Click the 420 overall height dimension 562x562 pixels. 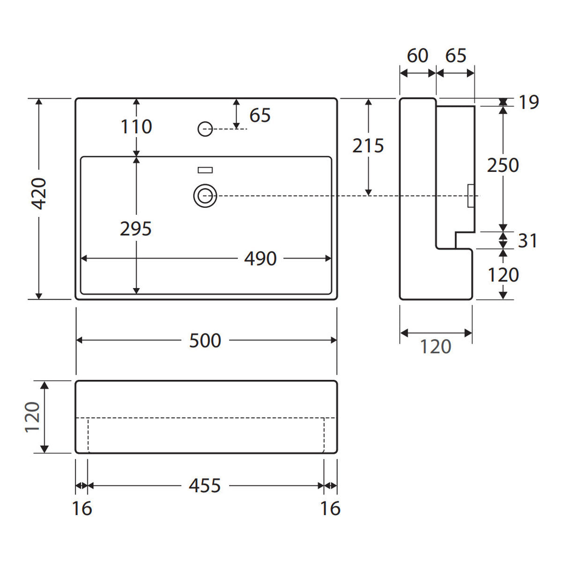click(39, 193)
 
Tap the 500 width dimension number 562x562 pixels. click(205, 340)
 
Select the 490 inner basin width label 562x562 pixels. click(260, 259)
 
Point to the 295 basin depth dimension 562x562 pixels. click(136, 229)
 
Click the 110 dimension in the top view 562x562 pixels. click(136, 126)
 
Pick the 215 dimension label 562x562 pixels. click(368, 146)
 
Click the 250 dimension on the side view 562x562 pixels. click(503, 165)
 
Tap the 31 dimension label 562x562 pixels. click(527, 241)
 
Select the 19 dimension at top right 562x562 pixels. click(528, 103)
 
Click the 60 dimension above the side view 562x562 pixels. click(417, 55)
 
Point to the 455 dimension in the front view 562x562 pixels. click(205, 486)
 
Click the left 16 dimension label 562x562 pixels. click(82, 508)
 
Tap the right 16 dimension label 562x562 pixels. click(331, 508)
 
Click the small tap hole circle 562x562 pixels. click(205, 129)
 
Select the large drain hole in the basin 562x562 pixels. click(205, 196)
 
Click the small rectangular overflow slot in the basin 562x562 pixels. click(205, 170)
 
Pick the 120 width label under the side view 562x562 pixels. click(436, 347)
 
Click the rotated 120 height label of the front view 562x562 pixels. click(32, 417)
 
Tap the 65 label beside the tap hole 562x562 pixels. click(260, 115)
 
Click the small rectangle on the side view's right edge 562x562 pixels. click(470, 196)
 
